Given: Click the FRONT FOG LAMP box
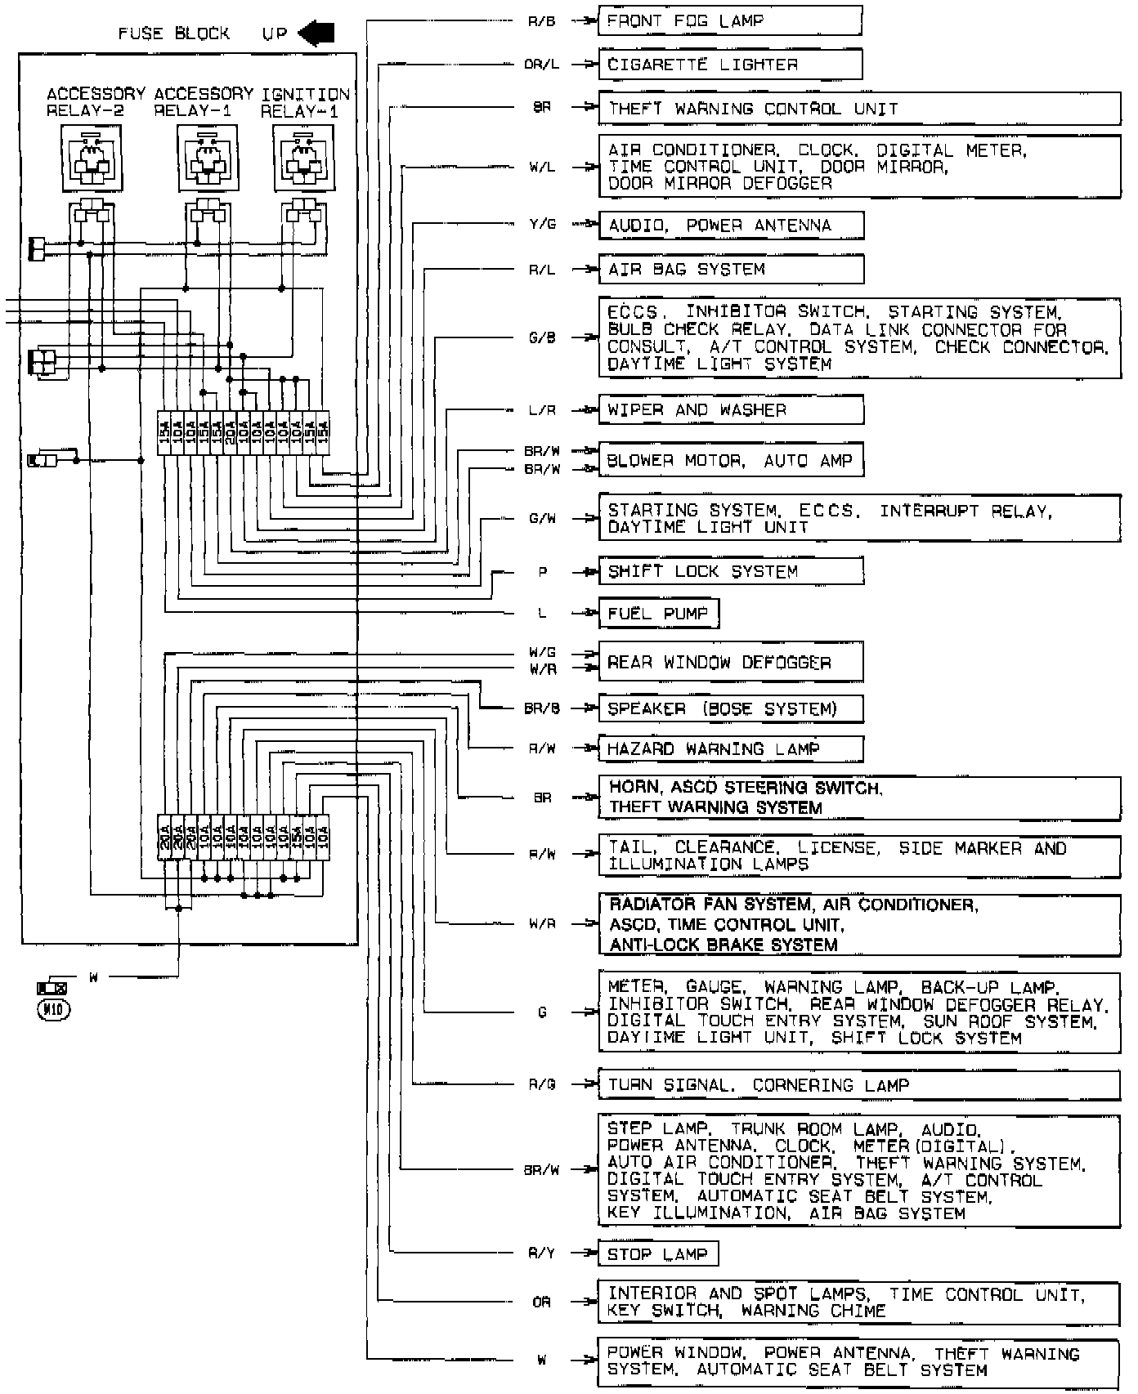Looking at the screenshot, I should tap(729, 20).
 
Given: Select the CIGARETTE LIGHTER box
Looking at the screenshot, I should tap(729, 65).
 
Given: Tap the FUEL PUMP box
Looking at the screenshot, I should tap(658, 614).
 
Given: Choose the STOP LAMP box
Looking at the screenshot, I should tap(658, 1254).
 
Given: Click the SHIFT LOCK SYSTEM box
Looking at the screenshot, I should tap(730, 571).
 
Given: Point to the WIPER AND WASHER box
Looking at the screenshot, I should tap(730, 410).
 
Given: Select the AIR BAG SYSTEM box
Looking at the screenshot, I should tap(730, 270).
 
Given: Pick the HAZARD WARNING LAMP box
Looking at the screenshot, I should tap(730, 748).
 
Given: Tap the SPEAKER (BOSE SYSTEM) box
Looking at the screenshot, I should tap(730, 708).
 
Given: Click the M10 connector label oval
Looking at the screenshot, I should tap(54, 1009).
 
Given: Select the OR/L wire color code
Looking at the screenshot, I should tap(541, 65).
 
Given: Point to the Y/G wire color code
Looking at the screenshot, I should tap(542, 225).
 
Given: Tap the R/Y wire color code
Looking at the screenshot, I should tap(542, 1253).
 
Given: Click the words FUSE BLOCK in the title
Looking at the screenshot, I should tap(174, 34).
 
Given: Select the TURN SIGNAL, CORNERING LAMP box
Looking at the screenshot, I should tap(858, 1085).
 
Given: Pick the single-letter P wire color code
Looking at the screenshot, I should tap(543, 572).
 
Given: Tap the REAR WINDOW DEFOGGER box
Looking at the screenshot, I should tap(730, 662).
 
